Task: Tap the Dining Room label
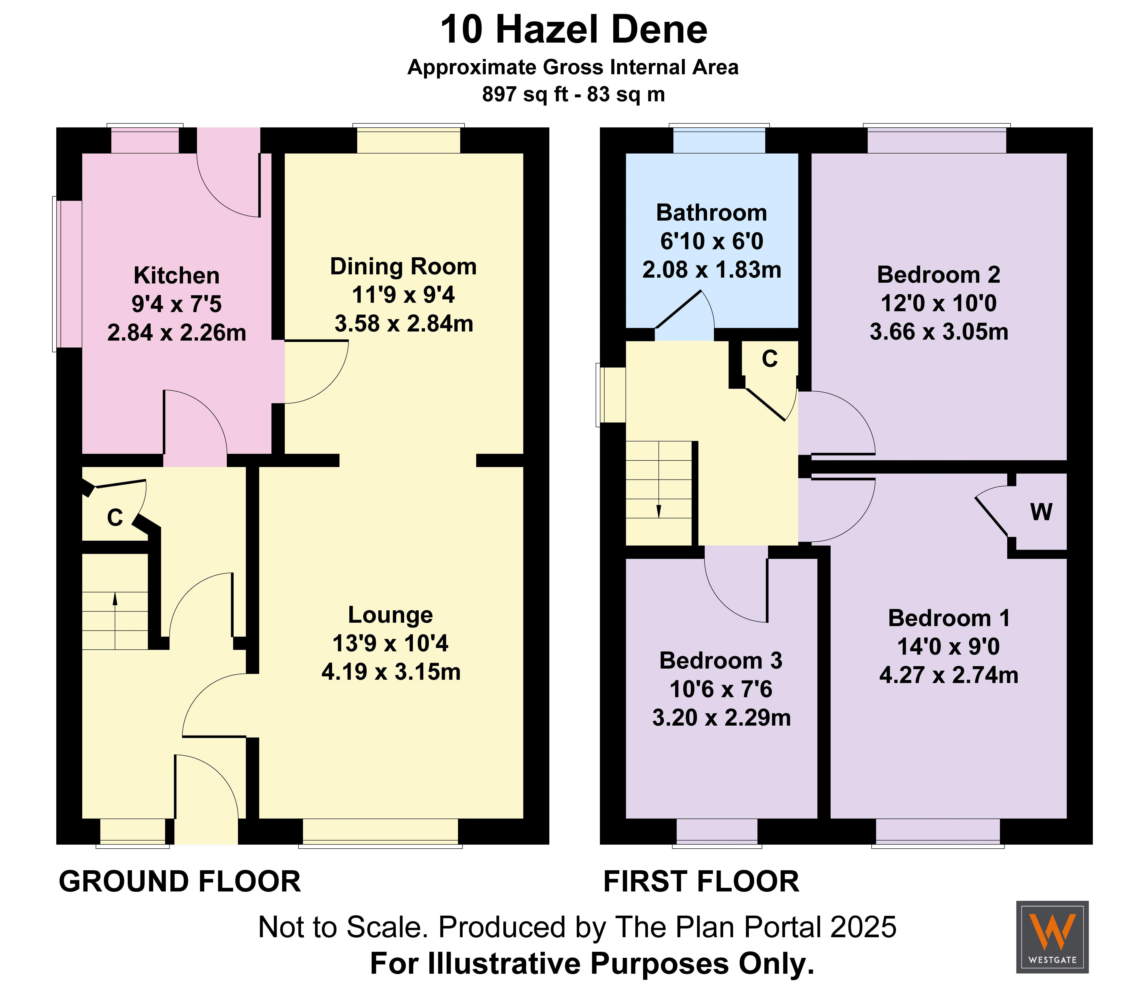click(403, 267)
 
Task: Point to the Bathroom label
click(712, 213)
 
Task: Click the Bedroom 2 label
click(939, 275)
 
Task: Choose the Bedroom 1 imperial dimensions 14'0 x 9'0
click(949, 647)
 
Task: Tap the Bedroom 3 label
click(721, 661)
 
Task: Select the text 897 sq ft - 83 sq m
click(573, 94)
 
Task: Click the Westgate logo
click(1052, 937)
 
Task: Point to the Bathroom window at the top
click(719, 139)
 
